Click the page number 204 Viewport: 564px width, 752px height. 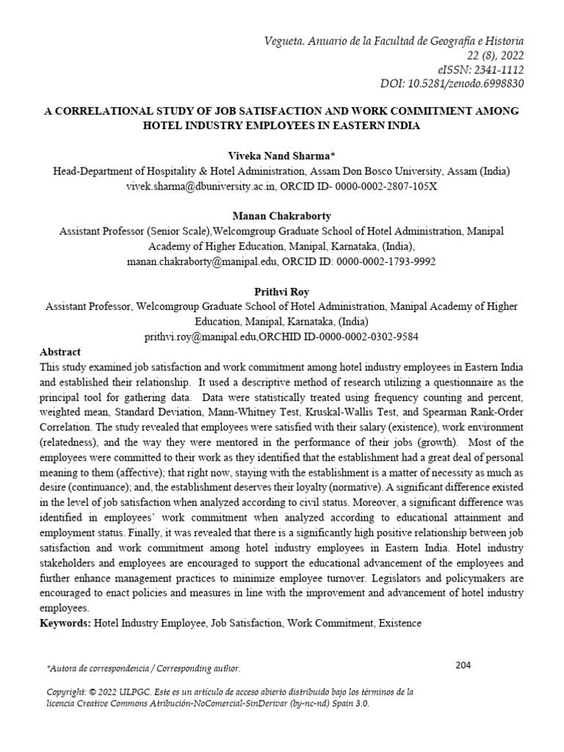pos(463,665)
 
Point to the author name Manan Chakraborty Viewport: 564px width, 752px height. pos(282,217)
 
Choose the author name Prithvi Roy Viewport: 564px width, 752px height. pos(282,292)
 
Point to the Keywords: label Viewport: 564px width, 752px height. pos(68,623)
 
